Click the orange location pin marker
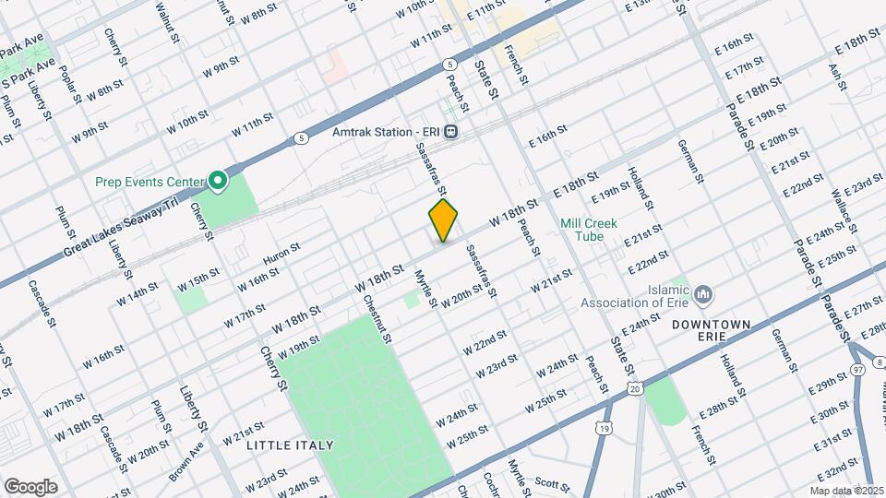point(443,219)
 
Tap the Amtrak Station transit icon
point(450,131)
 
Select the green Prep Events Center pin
point(219,181)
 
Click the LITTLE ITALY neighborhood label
point(290,445)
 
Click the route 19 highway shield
point(604,428)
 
